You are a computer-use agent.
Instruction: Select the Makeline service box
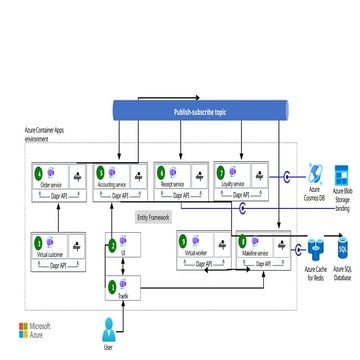point(258,245)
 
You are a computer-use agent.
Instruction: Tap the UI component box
point(121,240)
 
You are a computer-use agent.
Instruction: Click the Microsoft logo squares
point(25,301)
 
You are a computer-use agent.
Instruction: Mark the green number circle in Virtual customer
point(39,240)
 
